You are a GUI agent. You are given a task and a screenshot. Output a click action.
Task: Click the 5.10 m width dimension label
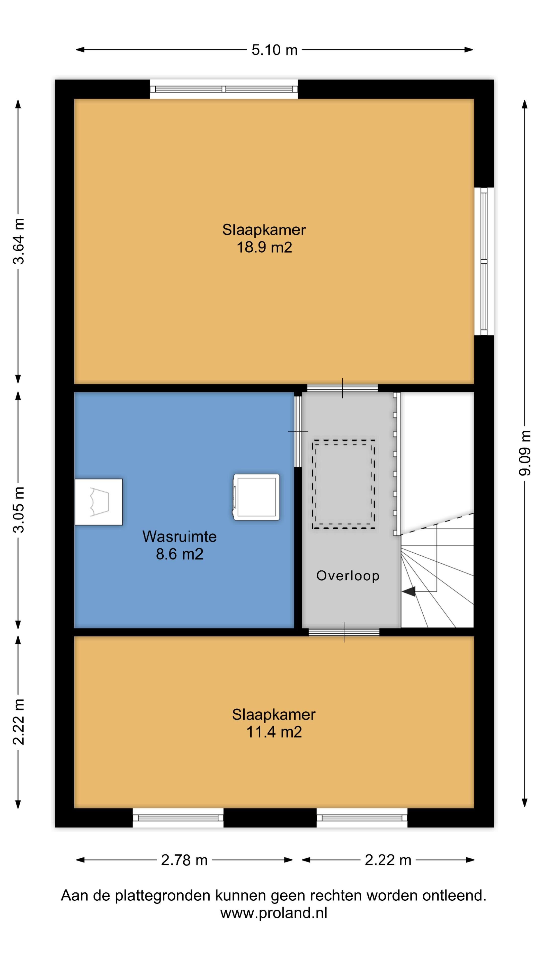click(x=274, y=50)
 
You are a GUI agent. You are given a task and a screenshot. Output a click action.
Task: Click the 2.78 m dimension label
click(x=184, y=860)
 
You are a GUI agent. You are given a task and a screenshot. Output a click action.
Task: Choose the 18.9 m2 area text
click(x=264, y=248)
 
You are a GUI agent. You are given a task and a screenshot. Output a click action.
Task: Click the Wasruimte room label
click(x=179, y=537)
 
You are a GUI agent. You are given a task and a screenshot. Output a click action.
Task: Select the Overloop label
click(x=348, y=575)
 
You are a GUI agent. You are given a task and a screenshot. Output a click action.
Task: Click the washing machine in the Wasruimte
click(x=257, y=497)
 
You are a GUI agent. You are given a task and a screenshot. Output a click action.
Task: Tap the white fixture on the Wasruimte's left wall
click(x=99, y=502)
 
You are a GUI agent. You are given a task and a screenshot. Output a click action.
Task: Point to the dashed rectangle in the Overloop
click(x=343, y=484)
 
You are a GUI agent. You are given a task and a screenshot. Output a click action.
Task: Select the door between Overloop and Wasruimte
click(x=298, y=431)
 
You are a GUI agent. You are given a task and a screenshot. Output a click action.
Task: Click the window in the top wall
click(x=224, y=89)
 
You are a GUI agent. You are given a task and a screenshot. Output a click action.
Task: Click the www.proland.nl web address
click(x=274, y=913)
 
